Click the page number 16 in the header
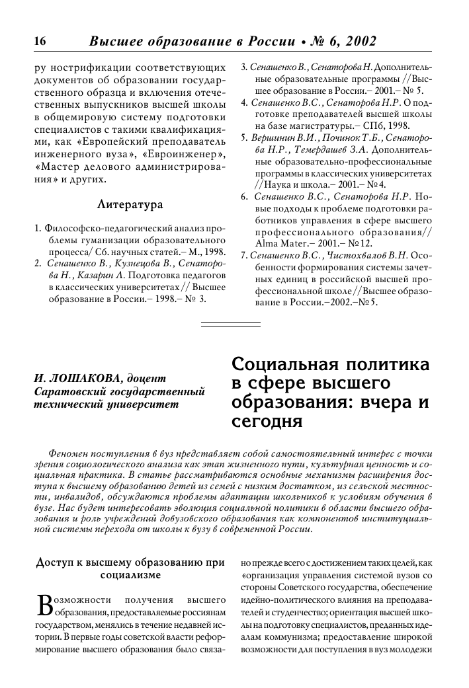point(38,41)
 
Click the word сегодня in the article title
point(263,420)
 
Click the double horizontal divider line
point(230,323)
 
